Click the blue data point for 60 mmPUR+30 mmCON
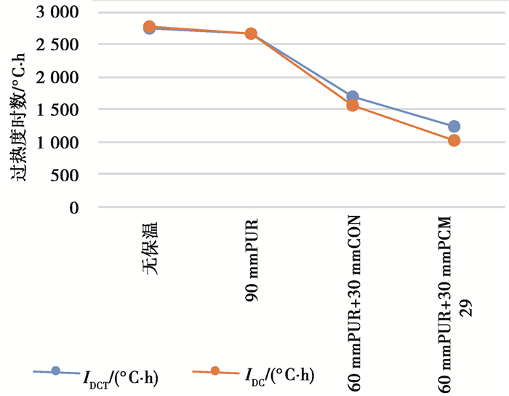pos(353,97)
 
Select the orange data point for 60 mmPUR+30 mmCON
pos(353,106)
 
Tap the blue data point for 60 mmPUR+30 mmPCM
pos(454,127)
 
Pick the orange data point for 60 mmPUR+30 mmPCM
pos(454,140)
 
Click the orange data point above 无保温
pos(150,26)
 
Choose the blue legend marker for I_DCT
pos(55,371)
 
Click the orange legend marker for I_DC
pos(215,371)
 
